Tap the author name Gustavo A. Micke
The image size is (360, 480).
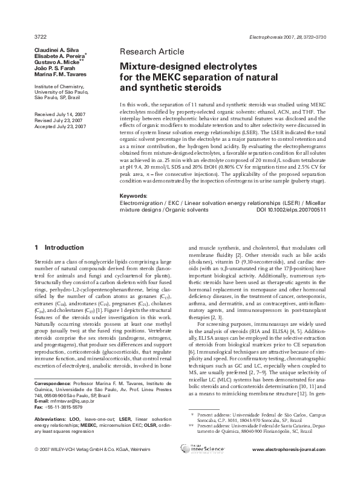pos(54,62)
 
